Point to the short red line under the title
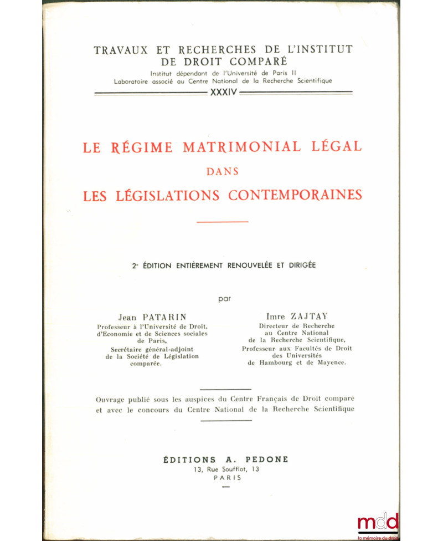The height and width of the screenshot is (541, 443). (x=223, y=222)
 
